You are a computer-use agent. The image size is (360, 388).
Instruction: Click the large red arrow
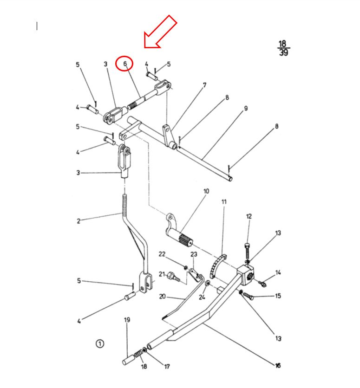coord(160,32)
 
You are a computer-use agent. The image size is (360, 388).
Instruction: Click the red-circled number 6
coord(124,64)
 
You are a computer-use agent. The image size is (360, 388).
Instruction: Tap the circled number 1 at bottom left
coord(100,344)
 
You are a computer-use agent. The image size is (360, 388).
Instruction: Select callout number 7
coord(204,85)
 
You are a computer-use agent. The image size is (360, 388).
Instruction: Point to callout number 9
coord(246,108)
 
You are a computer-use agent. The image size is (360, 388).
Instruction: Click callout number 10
coord(206,191)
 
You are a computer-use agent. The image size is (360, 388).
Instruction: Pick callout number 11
coord(224,202)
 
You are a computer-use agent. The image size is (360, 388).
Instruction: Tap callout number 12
coord(249,216)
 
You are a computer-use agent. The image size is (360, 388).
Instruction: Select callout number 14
coord(278,272)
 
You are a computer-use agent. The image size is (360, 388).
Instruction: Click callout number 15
coord(278,296)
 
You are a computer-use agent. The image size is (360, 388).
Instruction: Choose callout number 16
coord(278,366)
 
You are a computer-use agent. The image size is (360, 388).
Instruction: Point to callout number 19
coord(126,320)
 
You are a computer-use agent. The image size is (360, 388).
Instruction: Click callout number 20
coord(162,297)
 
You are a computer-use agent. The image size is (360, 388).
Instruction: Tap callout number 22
coord(162,254)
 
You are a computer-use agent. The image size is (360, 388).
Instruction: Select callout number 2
coord(79,221)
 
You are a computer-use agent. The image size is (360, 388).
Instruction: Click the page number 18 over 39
coord(283,48)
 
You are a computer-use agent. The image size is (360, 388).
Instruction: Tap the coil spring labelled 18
coord(137,356)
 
